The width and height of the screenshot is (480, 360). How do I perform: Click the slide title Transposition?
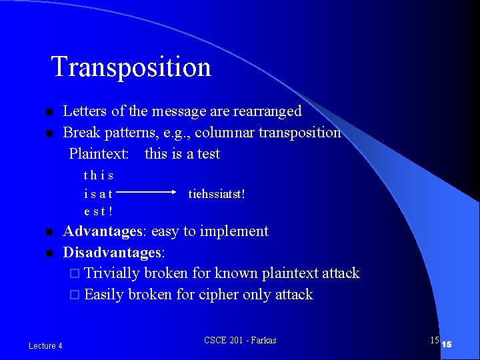(131, 67)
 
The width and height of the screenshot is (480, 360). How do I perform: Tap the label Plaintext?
(99, 153)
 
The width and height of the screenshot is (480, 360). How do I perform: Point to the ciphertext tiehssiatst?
(217, 194)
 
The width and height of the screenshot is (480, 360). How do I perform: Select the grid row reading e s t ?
(98, 212)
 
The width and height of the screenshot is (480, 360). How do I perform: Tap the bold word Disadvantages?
(113, 253)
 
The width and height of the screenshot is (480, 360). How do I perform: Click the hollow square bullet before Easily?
(75, 295)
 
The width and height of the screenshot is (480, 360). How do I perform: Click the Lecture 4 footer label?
(45, 345)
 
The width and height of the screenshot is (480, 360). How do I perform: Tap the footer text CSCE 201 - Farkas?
(240, 341)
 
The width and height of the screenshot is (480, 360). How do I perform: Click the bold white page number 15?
(447, 345)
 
